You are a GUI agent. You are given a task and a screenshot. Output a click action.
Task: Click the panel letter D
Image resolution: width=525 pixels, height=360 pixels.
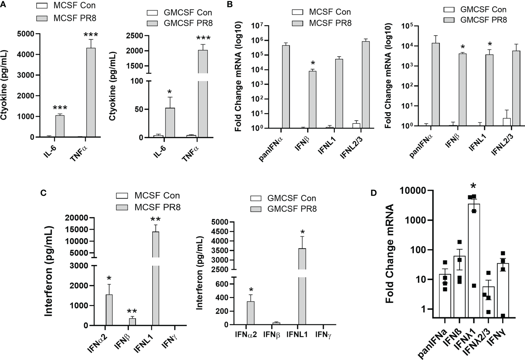[374, 193]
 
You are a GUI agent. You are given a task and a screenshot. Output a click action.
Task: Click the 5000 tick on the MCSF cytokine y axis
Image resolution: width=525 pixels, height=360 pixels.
[25, 34]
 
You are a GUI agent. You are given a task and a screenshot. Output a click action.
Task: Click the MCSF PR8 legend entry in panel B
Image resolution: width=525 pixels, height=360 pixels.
[330, 23]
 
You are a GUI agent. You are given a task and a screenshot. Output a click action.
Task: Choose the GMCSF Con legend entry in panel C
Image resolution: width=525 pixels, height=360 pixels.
[292, 198]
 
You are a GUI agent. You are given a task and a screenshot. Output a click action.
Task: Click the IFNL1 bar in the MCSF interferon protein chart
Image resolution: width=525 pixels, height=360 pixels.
[156, 278]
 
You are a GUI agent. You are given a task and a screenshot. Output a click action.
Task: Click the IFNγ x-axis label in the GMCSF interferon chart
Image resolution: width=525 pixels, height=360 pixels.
[323, 335]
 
